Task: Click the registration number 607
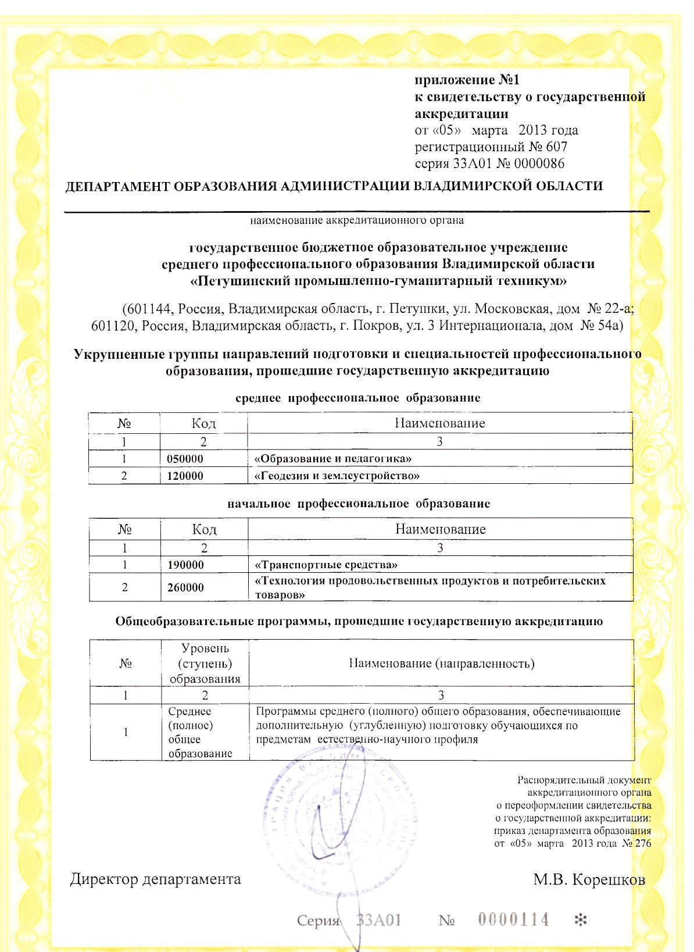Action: coord(556,147)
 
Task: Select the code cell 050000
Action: coord(185,459)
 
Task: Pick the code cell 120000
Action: coord(185,476)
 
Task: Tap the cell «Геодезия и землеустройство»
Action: coord(337,476)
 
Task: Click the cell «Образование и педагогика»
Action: coord(333,459)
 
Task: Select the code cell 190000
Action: coord(185,565)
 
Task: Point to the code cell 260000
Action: coord(185,587)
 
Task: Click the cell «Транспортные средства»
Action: coord(326,565)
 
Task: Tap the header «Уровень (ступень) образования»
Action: coord(205,664)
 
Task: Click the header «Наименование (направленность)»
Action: coord(441,664)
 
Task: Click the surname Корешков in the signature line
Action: coord(608,879)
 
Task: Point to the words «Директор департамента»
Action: coord(155,879)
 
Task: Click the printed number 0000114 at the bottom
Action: coord(513,919)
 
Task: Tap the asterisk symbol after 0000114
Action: coord(580,920)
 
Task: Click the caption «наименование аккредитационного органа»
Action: coord(357,220)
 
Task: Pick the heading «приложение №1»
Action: coord(467,80)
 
